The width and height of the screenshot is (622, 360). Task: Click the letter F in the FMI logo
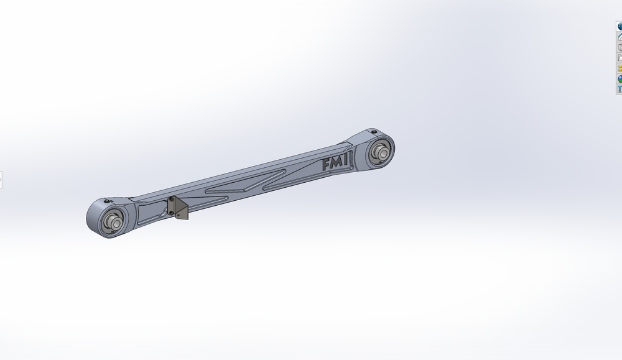coord(327,165)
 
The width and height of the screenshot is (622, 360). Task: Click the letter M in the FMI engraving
coord(337,162)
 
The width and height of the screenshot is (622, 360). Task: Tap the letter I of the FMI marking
coord(345,160)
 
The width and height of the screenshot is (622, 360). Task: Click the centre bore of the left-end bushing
coord(116,223)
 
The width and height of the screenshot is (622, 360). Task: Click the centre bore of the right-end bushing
coord(383,152)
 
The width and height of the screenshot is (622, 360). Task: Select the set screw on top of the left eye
coord(107,202)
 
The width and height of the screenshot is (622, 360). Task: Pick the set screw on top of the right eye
coord(374,132)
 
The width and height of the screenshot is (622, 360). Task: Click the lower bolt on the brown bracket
coord(172,213)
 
